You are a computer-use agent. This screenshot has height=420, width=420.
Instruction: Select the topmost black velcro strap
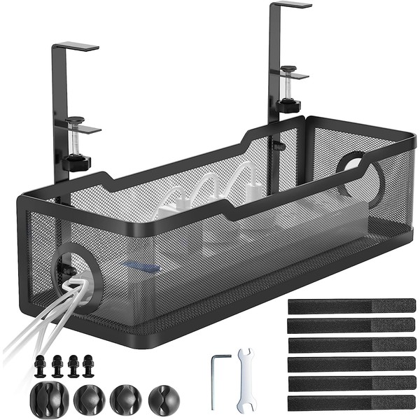[x=351, y=306]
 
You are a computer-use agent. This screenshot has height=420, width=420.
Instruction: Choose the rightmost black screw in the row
[x=87, y=365]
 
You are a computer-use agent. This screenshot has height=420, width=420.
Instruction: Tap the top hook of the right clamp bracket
[x=290, y=5]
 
